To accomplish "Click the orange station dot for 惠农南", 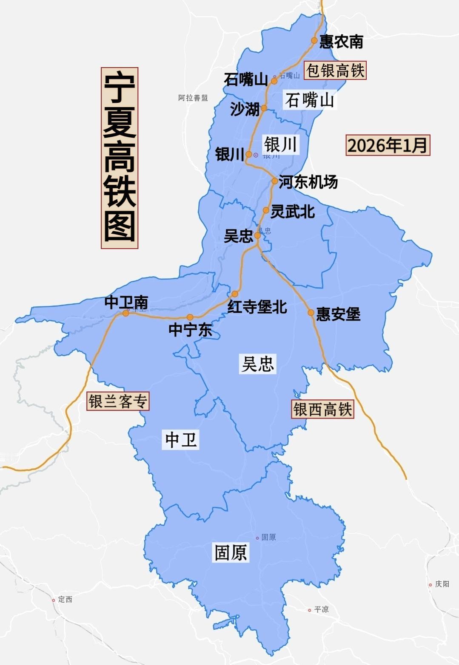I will [314, 40].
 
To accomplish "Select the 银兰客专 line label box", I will [118, 401].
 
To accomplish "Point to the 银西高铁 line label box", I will [322, 410].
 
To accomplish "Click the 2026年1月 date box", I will [388, 145].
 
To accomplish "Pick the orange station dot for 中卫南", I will [125, 313].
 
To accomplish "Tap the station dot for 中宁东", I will [190, 317].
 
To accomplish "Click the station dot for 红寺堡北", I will [235, 294].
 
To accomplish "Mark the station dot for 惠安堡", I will [311, 313].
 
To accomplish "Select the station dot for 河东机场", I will [275, 181].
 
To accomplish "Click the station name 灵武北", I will [293, 211].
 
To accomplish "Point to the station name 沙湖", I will [245, 109].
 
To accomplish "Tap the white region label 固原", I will [231, 553].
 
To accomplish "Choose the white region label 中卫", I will [181, 439].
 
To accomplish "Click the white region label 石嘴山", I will [309, 100].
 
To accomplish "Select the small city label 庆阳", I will [442, 584].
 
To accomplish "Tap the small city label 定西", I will [65, 600].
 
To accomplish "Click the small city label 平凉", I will [321, 610].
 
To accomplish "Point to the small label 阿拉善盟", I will [193, 98].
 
